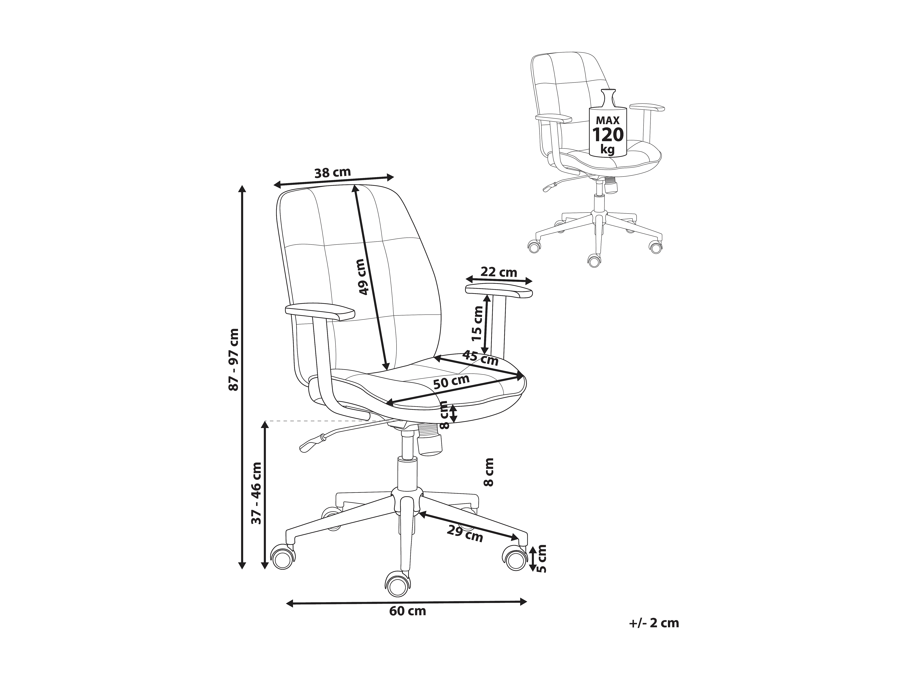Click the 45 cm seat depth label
480,358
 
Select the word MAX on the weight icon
608,121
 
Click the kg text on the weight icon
608,149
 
